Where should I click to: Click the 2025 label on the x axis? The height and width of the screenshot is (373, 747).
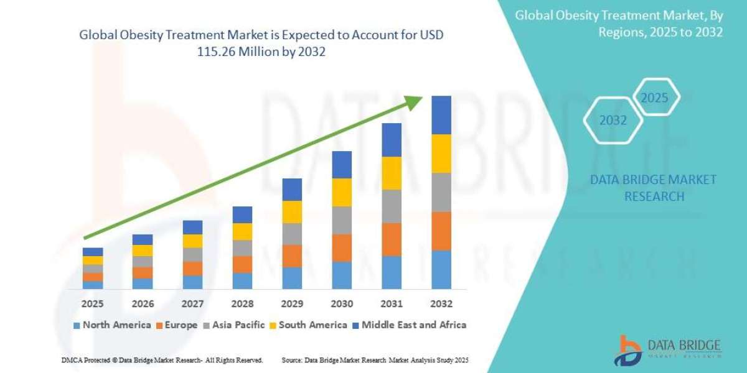point(92,304)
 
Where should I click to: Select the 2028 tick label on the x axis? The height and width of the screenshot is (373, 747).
point(242,304)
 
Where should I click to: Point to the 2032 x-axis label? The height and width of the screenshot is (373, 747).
point(441,304)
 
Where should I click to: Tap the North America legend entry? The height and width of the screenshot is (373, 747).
point(112,325)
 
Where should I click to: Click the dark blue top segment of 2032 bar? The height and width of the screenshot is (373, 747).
point(441,115)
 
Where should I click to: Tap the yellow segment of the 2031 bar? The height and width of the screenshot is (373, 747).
point(392,173)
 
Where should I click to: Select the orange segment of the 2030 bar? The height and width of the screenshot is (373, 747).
point(342,247)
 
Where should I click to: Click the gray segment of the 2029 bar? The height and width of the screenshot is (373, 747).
point(292,234)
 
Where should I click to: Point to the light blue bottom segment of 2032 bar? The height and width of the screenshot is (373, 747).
point(441,270)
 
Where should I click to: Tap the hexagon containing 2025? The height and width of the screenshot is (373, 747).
point(654,98)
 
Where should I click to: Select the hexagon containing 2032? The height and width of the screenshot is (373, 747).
point(613,121)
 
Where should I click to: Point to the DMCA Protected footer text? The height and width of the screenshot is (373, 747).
point(162,360)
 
